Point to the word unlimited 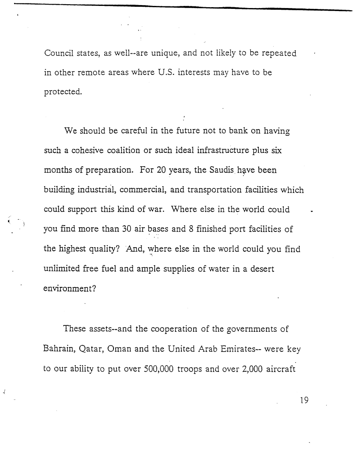(x=62, y=269)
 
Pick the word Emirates (x=238, y=349)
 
